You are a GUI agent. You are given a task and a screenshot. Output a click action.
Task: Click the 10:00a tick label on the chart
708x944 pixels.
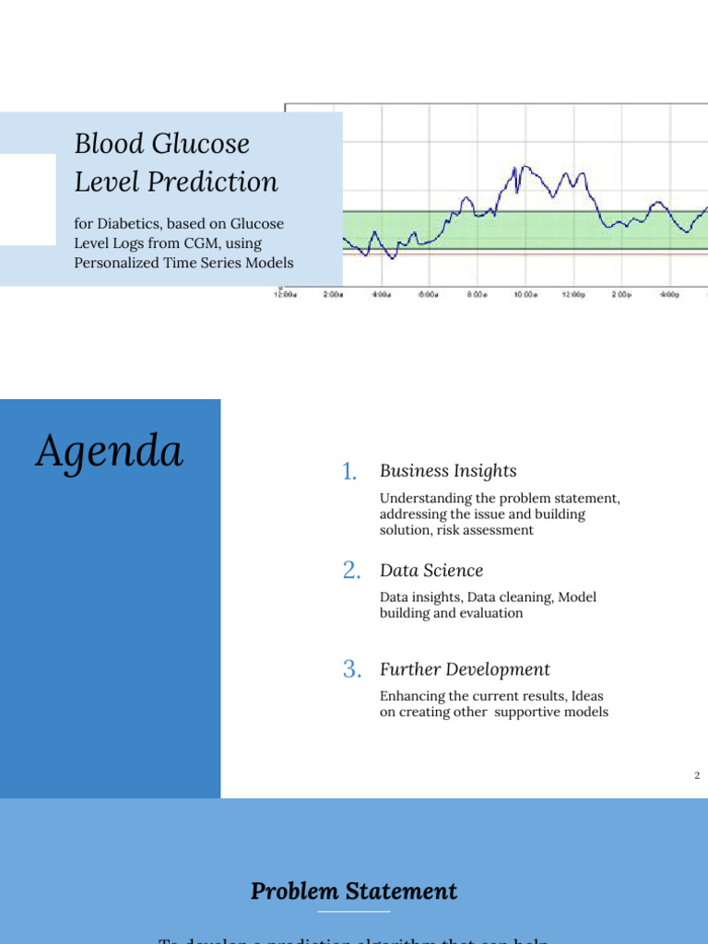click(525, 295)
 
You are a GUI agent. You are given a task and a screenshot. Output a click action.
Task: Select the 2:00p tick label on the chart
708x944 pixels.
click(621, 295)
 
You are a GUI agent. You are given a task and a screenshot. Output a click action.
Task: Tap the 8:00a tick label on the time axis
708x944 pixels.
click(476, 295)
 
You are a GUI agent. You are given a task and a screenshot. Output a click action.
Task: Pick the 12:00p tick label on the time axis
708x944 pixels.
click(572, 295)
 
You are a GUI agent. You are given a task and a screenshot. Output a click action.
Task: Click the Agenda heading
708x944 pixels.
click(109, 453)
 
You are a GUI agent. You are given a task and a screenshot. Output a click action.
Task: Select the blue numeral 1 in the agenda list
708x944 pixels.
click(348, 472)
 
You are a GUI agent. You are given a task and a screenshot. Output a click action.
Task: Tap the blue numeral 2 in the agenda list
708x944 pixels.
click(350, 572)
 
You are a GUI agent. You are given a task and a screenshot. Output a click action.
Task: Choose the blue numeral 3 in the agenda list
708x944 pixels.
click(350, 670)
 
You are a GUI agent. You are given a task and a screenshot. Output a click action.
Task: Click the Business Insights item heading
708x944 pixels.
click(448, 471)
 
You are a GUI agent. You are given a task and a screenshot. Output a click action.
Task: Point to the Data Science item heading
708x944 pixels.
click(431, 571)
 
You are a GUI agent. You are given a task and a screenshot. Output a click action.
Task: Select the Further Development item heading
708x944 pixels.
click(465, 669)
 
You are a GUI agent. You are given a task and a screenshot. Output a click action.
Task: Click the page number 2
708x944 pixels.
click(697, 775)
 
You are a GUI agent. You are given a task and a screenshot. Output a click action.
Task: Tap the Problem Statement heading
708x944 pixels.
click(354, 891)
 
